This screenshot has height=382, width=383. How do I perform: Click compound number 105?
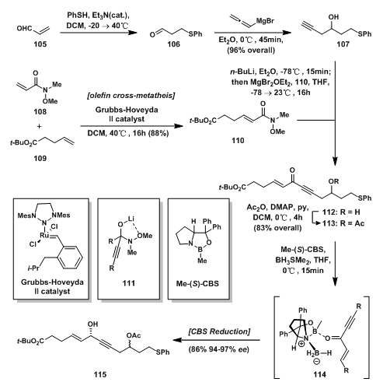40,44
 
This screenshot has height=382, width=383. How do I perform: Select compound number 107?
343,44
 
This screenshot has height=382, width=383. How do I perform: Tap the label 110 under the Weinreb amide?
238,141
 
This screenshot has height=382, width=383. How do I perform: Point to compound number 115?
100,374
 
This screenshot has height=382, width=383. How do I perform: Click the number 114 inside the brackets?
319,374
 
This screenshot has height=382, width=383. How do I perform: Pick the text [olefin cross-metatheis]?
131,96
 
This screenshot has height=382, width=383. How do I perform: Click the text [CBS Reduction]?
219,331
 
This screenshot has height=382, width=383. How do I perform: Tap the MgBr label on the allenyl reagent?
265,21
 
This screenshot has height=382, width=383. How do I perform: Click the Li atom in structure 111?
131,219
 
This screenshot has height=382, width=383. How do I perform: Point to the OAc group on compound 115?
134,335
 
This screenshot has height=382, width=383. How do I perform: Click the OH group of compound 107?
333,17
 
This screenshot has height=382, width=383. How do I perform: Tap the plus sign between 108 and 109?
39,126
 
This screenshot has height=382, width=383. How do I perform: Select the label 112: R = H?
341,212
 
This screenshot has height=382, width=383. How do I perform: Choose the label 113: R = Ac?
343,223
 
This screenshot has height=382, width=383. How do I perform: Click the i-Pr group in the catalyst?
33,268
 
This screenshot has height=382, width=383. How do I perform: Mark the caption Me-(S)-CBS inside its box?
197,283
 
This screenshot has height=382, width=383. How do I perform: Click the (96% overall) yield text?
251,50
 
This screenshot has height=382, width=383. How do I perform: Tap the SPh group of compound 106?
195,34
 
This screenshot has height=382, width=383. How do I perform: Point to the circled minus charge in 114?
317,361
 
